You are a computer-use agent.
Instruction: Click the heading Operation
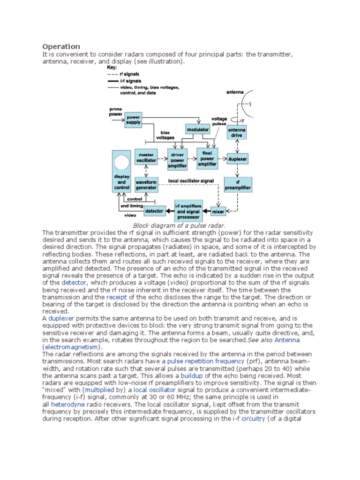click(x=61, y=46)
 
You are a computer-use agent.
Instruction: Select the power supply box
click(x=133, y=119)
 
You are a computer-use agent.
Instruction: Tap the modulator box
click(x=198, y=129)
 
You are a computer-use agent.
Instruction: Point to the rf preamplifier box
click(x=239, y=185)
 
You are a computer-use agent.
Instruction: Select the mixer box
click(x=218, y=211)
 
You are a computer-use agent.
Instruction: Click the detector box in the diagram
click(x=154, y=211)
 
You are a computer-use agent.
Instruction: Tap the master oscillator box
click(x=146, y=157)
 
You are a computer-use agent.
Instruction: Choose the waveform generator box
click(x=146, y=184)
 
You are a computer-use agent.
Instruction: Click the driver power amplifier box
click(x=177, y=159)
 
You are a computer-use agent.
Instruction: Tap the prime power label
click(x=115, y=112)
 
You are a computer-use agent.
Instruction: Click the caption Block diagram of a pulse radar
click(x=180, y=226)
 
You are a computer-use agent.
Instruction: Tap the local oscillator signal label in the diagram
click(x=190, y=180)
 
